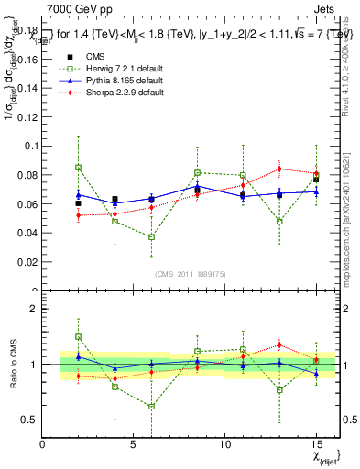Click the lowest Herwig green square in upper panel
click(152, 237)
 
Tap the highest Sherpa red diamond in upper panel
click(279, 169)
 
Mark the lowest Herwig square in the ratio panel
click(152, 407)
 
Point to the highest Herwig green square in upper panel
click(79, 168)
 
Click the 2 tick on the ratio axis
click(34, 309)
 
